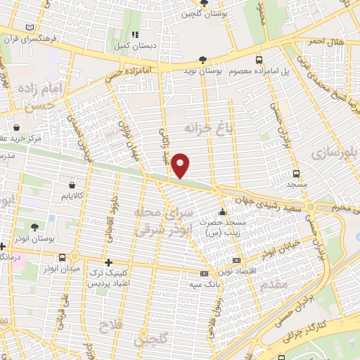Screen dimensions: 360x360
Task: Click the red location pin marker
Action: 181,165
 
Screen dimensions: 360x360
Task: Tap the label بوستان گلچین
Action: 200,14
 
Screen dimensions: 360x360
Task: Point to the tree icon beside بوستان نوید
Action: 203,60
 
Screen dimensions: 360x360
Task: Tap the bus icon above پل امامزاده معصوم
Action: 259,60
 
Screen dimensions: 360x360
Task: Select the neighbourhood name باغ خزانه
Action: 208,129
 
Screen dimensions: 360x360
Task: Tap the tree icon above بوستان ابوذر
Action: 34,227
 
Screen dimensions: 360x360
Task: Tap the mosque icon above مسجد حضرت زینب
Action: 222,212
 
